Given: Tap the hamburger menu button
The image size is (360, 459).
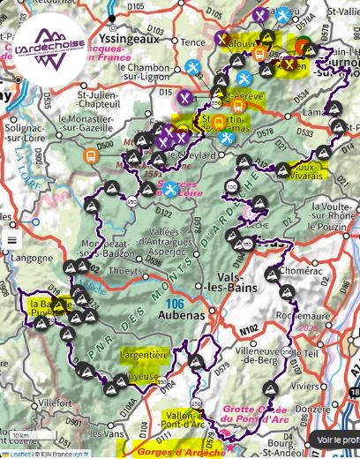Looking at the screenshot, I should coord(12,239).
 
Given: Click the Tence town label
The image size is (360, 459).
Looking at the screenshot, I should coord(192,41).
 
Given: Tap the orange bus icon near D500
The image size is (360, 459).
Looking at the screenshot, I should coord(90,155).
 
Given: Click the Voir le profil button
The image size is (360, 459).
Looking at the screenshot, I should coord(337,440).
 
